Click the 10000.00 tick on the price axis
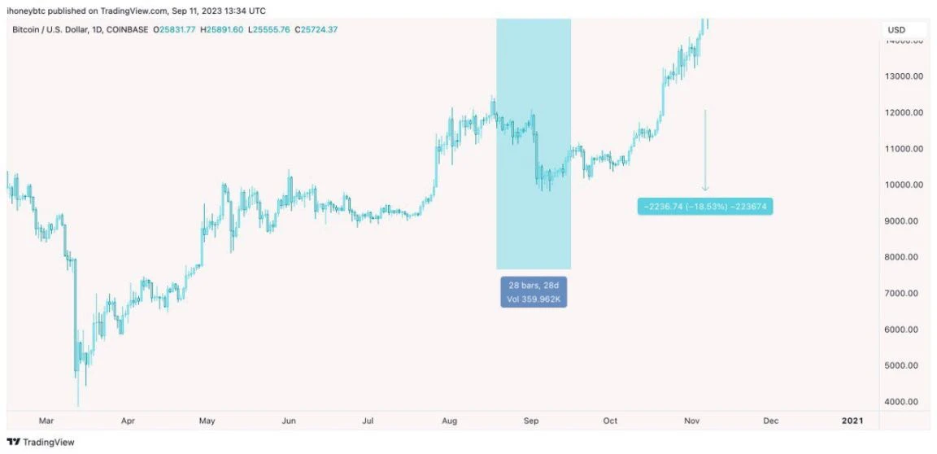tap(904, 185)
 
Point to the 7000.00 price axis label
tap(904, 293)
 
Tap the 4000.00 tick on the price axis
tap(904, 402)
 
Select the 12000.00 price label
tap(904, 112)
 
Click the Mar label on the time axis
tap(47, 421)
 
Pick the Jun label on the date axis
tap(288, 421)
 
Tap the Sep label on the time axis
tap(531, 421)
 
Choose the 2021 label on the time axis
tap(852, 421)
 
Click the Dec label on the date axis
tap(771, 421)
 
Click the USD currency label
tap(896, 30)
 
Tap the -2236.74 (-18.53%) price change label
tap(705, 207)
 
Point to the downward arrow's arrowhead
tap(705, 189)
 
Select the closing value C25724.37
tap(316, 30)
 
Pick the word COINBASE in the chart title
tap(132, 30)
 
